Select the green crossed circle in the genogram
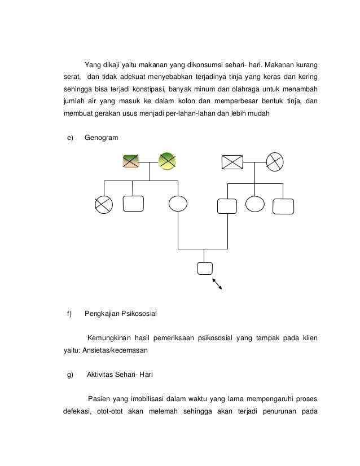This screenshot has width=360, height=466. (167, 161)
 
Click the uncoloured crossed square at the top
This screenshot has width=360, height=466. (232, 162)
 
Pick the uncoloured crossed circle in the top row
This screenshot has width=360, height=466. (277, 162)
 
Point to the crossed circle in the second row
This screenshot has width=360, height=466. (104, 204)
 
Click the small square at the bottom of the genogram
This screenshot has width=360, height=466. (205, 268)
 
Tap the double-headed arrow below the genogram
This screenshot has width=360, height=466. (217, 284)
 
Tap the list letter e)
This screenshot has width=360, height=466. (70, 138)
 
